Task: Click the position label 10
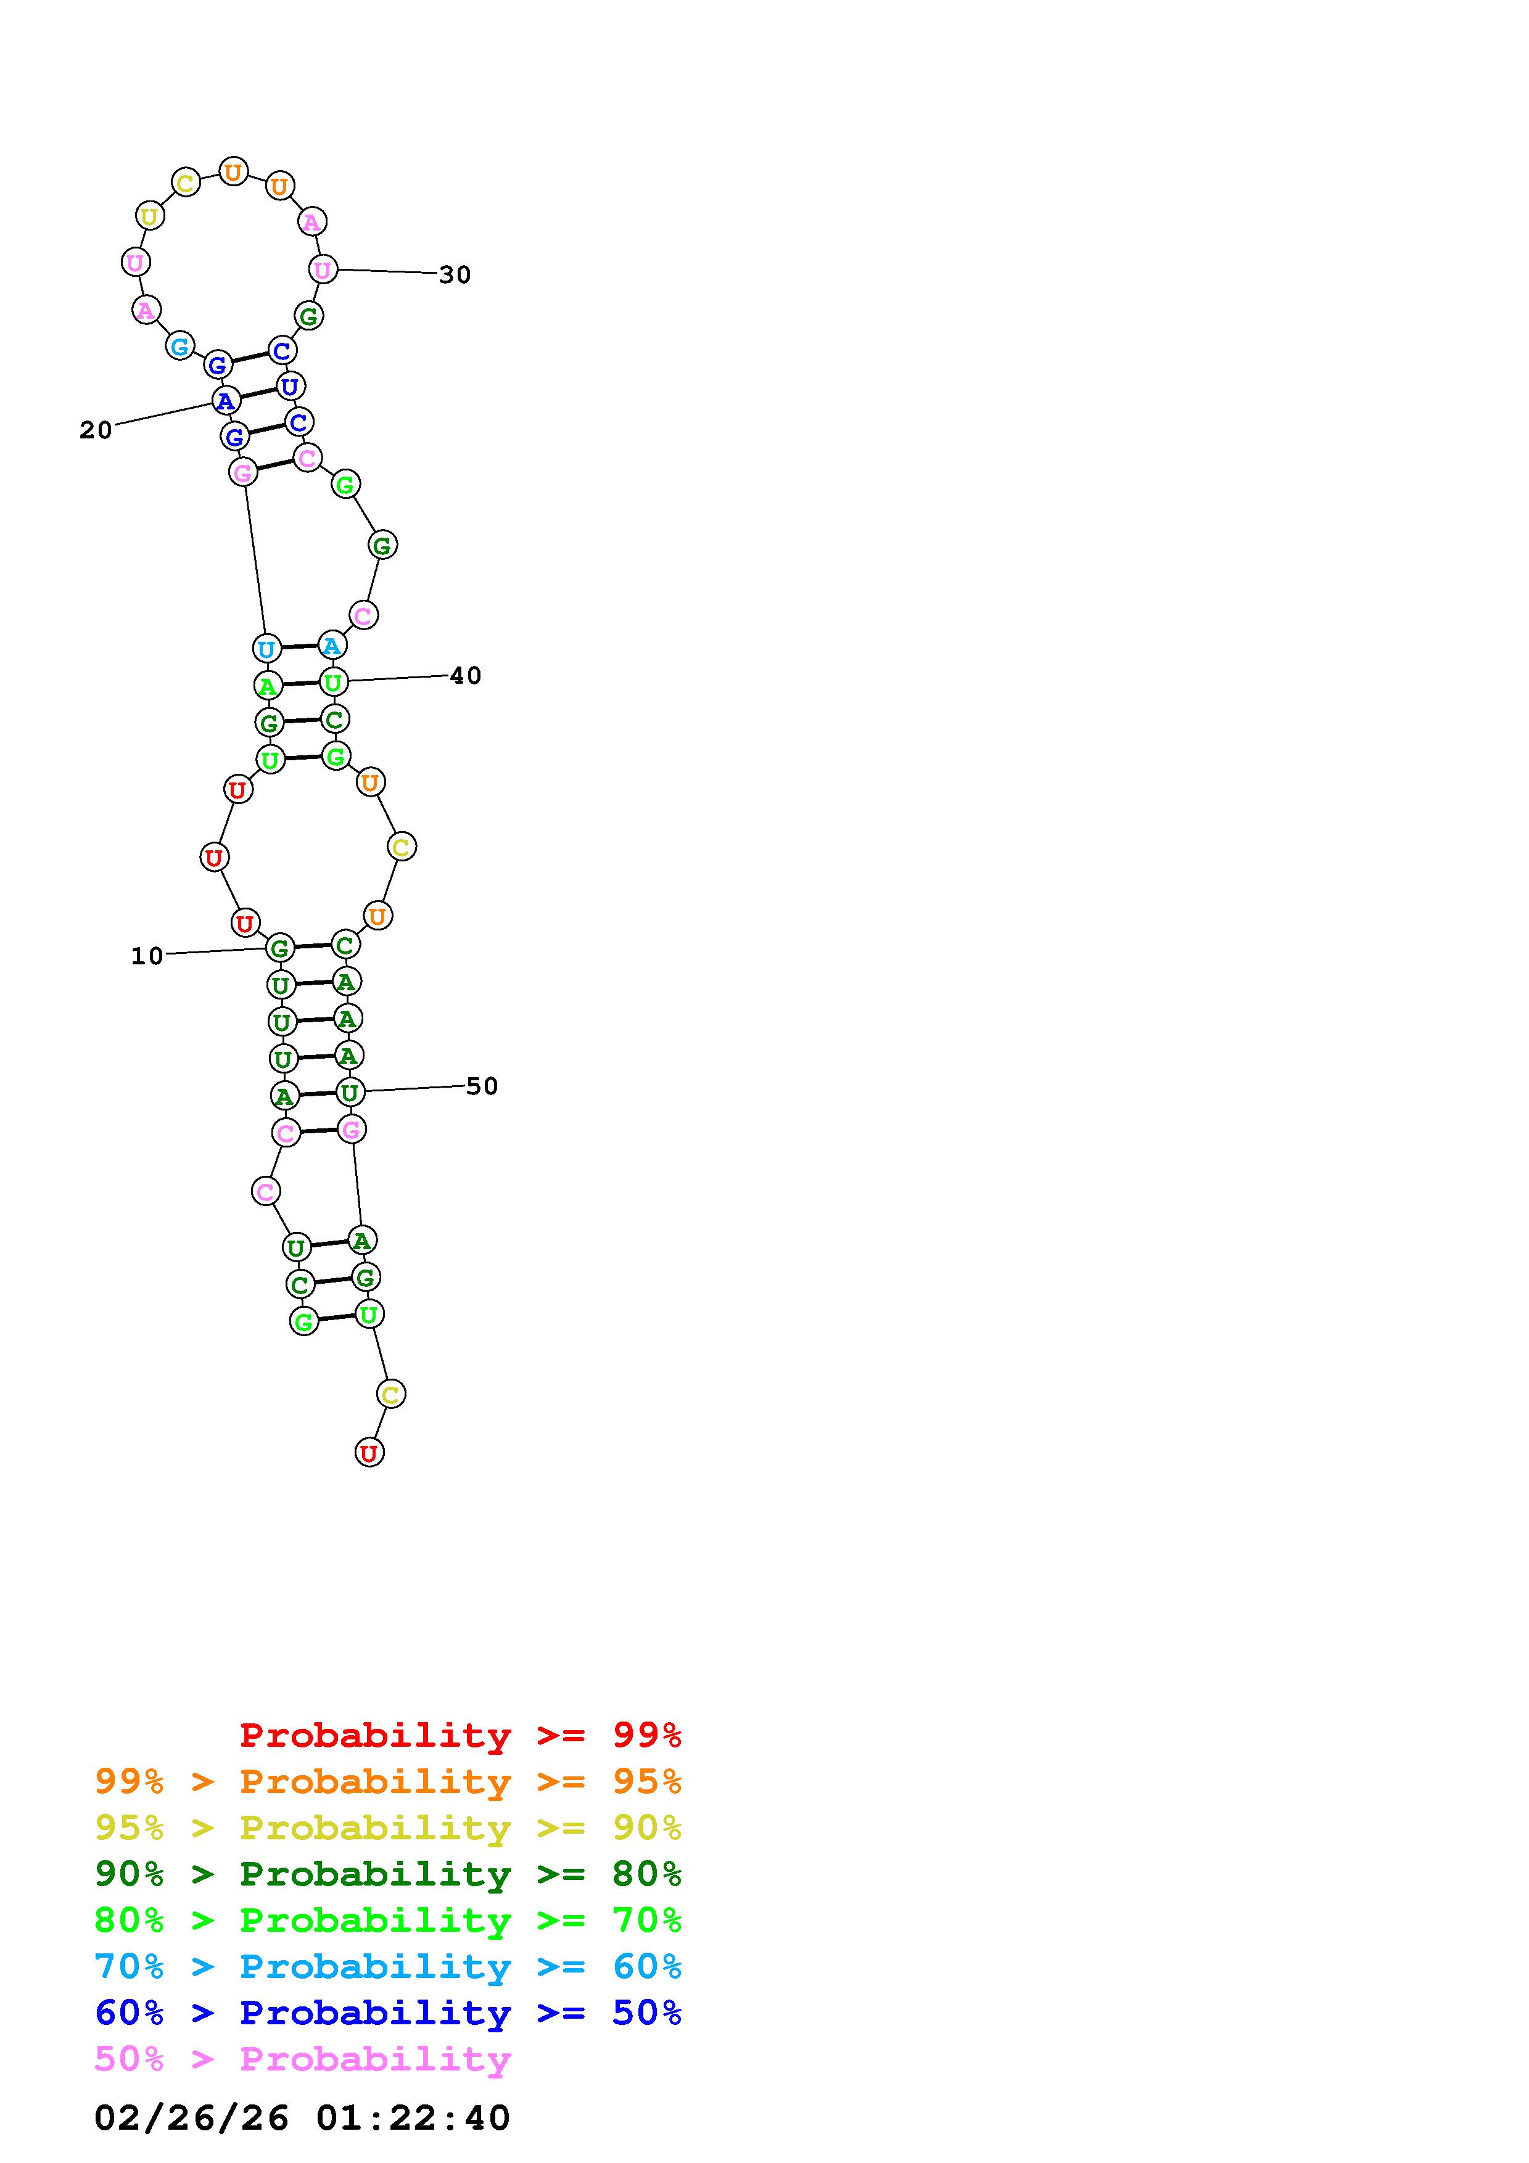click(x=147, y=956)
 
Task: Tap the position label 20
click(x=96, y=430)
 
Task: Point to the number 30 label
click(x=455, y=275)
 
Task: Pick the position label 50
click(x=482, y=1086)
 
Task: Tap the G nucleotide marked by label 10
click(x=280, y=948)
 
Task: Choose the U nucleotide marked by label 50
click(x=350, y=1093)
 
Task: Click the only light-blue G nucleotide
click(x=179, y=346)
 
